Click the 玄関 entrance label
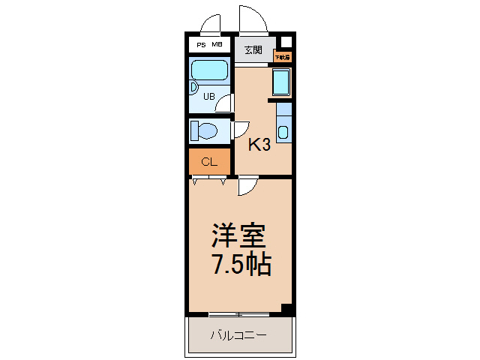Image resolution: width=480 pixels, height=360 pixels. coord(253,50)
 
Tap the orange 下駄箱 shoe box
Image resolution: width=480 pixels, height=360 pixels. coord(281,56)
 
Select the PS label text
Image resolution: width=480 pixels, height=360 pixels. coord(200,45)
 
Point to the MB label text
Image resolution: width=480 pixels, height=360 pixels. coord(217,45)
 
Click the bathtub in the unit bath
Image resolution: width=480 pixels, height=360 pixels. coord(209,71)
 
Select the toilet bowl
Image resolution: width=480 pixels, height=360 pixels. coord(203,132)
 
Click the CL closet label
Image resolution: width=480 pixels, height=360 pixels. coord(209,161)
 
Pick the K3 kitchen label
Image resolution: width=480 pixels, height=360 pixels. coord(259,145)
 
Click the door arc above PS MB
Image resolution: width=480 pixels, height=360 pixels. coord(211,23)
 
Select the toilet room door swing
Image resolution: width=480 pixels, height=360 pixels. coord(241,130)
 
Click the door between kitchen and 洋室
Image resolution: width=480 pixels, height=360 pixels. coord(248,187)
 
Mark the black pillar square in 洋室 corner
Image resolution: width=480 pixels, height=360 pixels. coord(285,307)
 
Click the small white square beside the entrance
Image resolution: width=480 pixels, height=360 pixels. coord(285,42)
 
